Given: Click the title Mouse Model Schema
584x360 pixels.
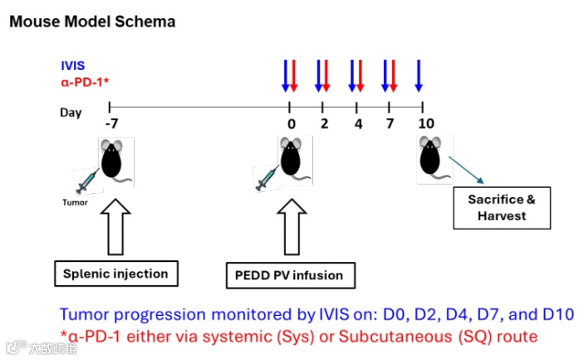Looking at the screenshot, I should click(x=91, y=22).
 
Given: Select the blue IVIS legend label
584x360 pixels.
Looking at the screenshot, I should click(x=72, y=64).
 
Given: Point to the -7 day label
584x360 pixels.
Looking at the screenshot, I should click(x=110, y=124).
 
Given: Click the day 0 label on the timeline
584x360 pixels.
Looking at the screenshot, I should click(x=291, y=124).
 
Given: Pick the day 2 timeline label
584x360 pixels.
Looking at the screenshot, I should click(x=324, y=124).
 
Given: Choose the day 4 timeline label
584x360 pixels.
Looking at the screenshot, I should click(x=357, y=124).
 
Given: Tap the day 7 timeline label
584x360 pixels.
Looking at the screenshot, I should click(x=390, y=124).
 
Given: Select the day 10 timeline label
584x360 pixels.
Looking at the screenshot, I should click(x=425, y=124).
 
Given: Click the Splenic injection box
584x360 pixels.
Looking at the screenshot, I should click(x=117, y=273).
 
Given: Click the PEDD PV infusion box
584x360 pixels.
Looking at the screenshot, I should click(x=284, y=274).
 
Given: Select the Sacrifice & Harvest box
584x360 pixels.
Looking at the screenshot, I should click(x=502, y=208).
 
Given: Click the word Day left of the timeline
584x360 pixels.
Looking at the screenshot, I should click(x=71, y=111).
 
